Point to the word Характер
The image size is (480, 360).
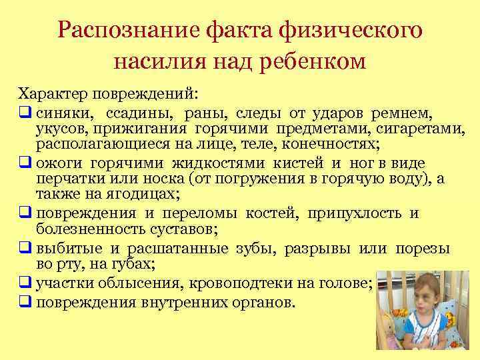pos(51,92)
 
